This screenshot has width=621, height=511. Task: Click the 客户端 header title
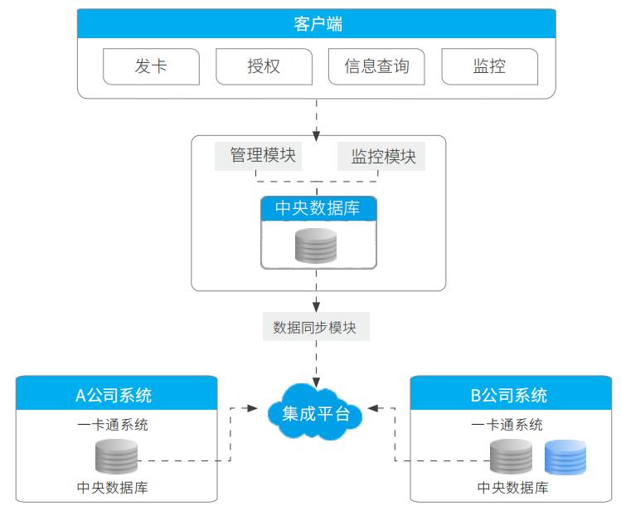click(x=318, y=24)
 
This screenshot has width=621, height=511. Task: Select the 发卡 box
click(x=151, y=66)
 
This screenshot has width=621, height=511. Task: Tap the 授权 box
click(x=264, y=66)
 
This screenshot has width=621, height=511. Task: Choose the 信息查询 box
click(x=376, y=66)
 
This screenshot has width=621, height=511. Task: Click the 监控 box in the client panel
click(x=489, y=66)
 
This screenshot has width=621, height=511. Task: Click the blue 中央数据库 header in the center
click(x=318, y=208)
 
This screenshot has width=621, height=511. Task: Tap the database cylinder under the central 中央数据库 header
click(x=316, y=246)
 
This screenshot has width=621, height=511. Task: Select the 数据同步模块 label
click(x=315, y=327)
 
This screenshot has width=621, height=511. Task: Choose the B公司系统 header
click(x=509, y=395)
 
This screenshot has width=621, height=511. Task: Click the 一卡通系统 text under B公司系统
click(x=507, y=425)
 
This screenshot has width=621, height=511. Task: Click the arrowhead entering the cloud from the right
click(x=374, y=408)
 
